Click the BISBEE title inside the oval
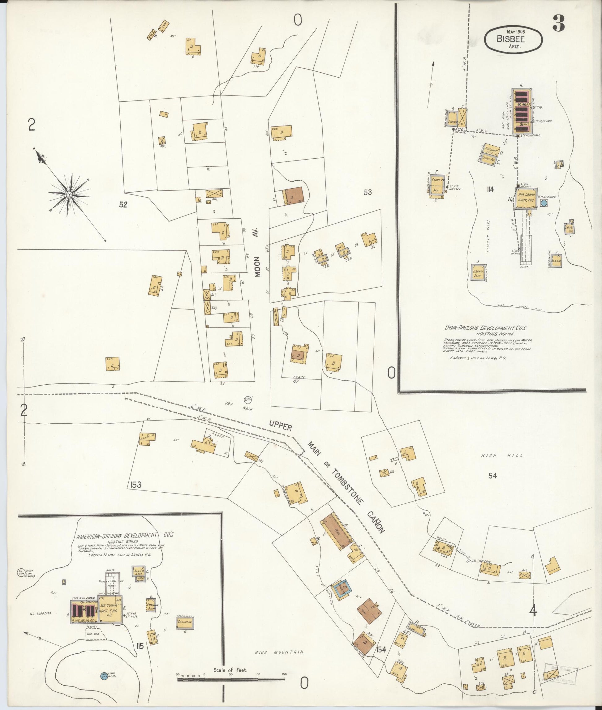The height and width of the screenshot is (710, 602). tap(511, 39)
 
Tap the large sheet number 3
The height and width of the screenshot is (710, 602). tap(559, 23)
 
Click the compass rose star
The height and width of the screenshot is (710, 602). tap(69, 195)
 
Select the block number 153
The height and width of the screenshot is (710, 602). tap(135, 485)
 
